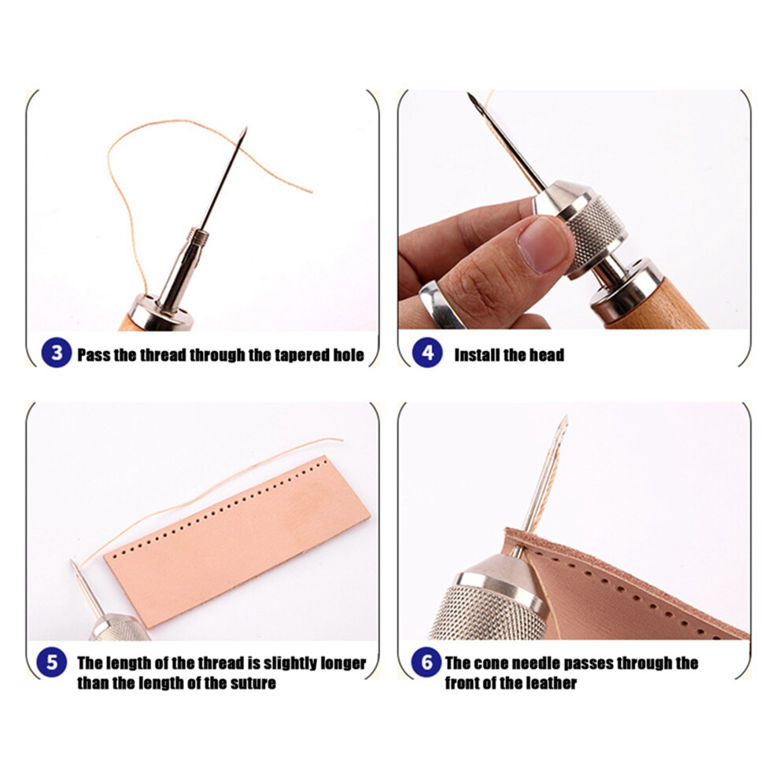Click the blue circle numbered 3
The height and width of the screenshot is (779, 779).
pos(57,353)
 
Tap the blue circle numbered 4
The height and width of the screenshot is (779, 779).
pos(427,353)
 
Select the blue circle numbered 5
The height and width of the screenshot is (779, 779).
pos(52,663)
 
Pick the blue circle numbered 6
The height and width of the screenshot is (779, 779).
pos(426,663)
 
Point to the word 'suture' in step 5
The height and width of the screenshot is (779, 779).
pos(252,683)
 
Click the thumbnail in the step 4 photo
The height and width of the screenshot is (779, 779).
pos(542,244)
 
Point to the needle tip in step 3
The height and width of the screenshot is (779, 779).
pos(246,128)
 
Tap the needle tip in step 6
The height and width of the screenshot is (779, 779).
pos(566,417)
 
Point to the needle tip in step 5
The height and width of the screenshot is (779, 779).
pos(72,561)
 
